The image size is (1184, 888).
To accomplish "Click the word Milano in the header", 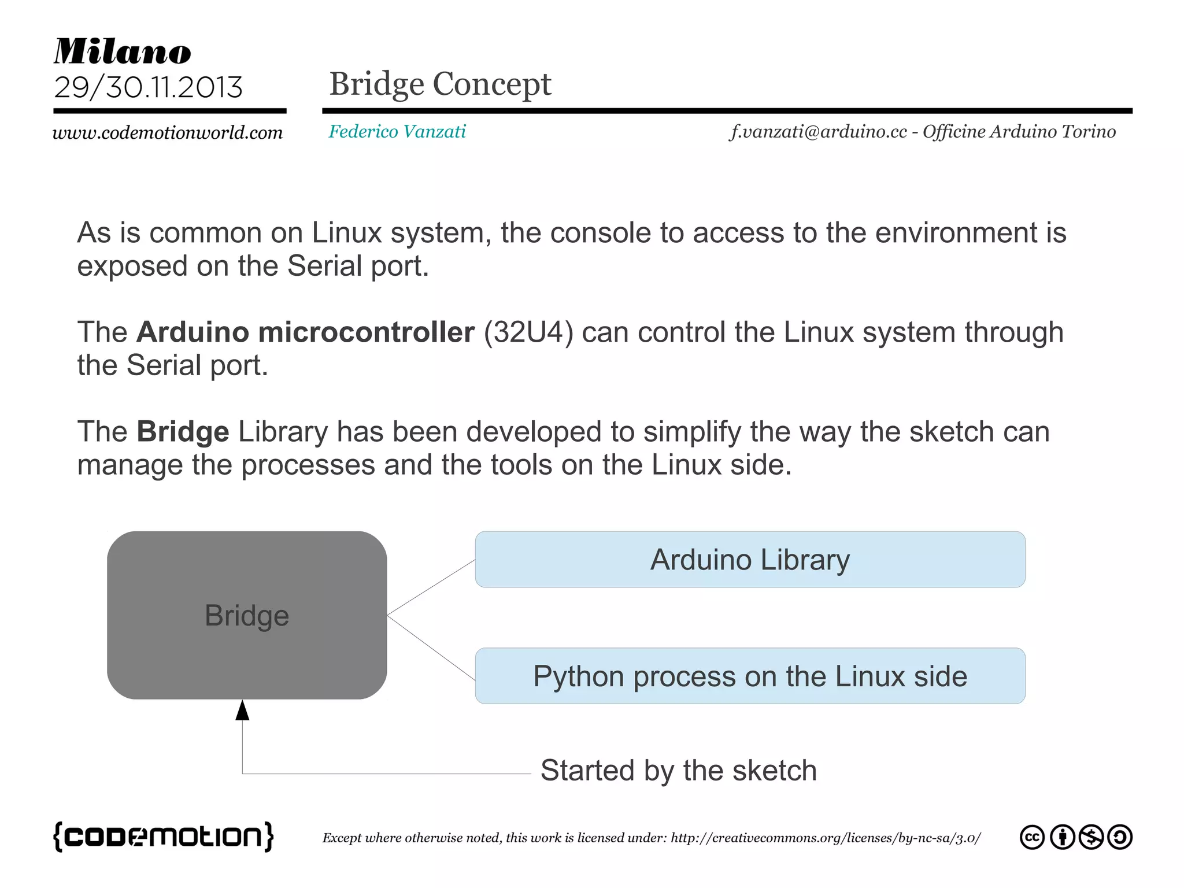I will (x=123, y=51).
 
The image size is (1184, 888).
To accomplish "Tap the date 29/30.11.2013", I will (x=148, y=87).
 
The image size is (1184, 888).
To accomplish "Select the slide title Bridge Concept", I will (x=440, y=84).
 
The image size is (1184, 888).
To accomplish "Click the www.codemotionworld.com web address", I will (x=168, y=132).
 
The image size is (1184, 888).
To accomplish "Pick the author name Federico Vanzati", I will (x=397, y=131).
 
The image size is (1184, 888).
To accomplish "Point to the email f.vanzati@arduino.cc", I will (x=818, y=131).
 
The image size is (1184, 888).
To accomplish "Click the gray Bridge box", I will (x=247, y=615).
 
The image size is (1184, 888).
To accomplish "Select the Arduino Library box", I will (x=750, y=560).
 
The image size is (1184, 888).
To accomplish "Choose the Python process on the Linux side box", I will (x=750, y=676).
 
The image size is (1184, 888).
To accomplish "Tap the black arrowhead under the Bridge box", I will (x=242, y=711).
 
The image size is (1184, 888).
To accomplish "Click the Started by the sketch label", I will (x=678, y=770).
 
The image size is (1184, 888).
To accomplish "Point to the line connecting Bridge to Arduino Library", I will (x=431, y=587).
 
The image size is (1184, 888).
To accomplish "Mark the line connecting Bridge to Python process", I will (x=431, y=647).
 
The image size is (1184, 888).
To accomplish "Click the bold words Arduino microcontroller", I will (x=305, y=332).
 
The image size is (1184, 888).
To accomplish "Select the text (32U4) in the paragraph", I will (x=528, y=332).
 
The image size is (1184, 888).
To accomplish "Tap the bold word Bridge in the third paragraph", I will (x=183, y=432).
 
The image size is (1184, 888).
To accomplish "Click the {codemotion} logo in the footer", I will (x=163, y=837).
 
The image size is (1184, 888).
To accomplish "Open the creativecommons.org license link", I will (x=826, y=838).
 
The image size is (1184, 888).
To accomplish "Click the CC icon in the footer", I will (x=1032, y=837).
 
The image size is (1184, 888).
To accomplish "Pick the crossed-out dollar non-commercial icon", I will (x=1091, y=837).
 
